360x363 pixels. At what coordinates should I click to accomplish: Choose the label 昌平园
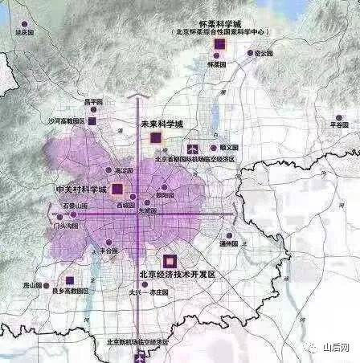pyautogui.click(x=95, y=103)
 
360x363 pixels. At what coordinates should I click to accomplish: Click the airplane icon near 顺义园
pyautogui.click(x=191, y=148)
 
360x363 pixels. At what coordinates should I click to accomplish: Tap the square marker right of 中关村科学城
pyautogui.click(x=117, y=190)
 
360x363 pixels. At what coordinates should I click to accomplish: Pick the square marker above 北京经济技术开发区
pyautogui.click(x=170, y=261)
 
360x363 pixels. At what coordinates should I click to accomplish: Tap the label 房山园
pyautogui.click(x=31, y=286)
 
